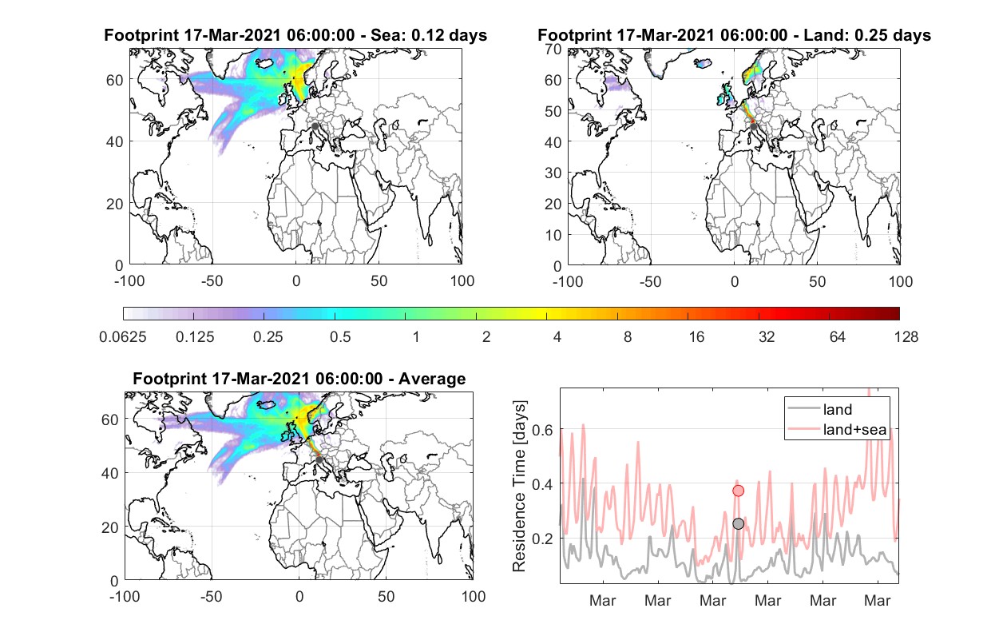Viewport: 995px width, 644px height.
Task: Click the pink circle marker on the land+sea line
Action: [x=738, y=491]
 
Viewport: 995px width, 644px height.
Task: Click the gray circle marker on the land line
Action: [x=738, y=524]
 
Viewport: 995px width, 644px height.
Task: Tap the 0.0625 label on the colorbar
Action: [x=123, y=337]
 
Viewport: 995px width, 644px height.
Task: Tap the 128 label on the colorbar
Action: [x=906, y=337]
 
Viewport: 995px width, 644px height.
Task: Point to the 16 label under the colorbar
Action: [x=696, y=337]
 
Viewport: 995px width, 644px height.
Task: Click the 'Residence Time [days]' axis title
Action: [x=519, y=487]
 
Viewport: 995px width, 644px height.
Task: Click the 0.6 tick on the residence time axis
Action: [x=543, y=430]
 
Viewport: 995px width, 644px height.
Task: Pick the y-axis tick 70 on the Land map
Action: [x=553, y=49]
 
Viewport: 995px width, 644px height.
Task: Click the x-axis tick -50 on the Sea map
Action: [x=212, y=281]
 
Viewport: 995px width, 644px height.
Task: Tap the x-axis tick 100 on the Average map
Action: [x=474, y=596]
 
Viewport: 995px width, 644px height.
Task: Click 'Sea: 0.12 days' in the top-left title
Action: [x=429, y=35]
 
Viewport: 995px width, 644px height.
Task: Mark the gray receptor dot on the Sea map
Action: [x=315, y=126]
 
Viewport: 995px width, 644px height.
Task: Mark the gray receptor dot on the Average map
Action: [x=319, y=459]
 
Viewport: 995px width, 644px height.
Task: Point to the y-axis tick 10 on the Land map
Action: [x=553, y=235]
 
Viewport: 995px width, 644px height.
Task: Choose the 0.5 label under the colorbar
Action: [x=340, y=337]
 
